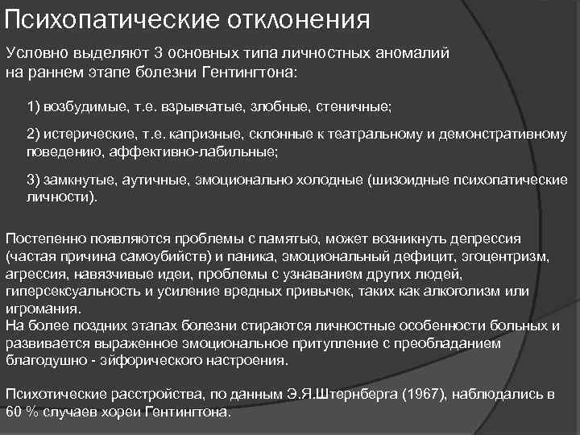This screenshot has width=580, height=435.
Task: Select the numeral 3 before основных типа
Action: (159, 53)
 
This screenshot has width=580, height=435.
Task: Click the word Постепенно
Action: (44, 239)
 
